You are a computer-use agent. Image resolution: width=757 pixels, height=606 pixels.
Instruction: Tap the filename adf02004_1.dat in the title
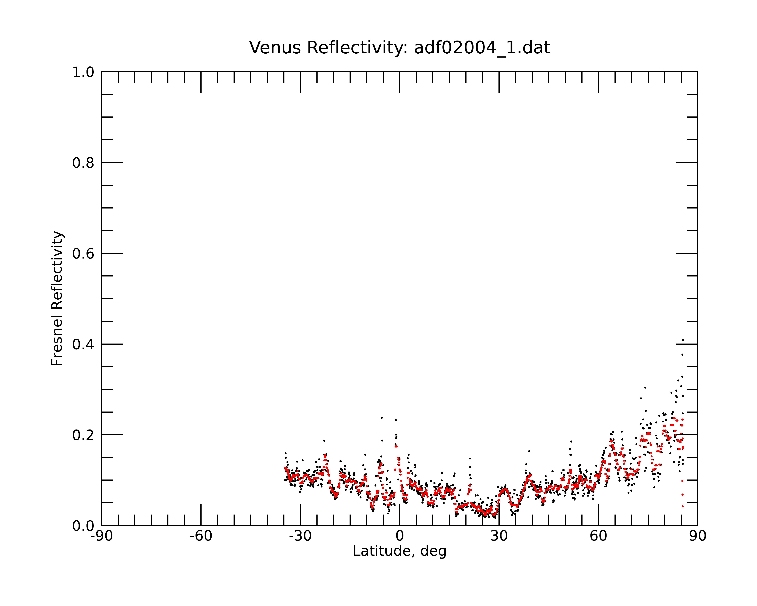[482, 48]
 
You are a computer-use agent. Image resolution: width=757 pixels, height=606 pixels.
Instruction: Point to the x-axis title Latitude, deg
[400, 551]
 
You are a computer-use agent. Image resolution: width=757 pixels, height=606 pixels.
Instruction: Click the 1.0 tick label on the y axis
[83, 72]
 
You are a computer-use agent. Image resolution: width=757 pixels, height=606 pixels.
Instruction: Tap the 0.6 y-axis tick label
[83, 254]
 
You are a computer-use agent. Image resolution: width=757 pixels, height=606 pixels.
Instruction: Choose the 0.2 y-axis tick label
[83, 435]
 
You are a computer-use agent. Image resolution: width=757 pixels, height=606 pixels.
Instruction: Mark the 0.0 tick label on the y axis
[83, 526]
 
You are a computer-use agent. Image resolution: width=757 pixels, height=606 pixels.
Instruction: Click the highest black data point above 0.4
[683, 340]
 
